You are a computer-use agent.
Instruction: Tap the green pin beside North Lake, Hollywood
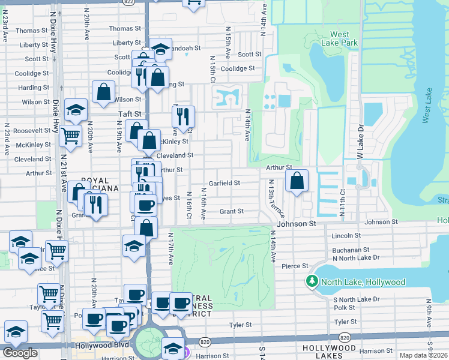pyautogui.click(x=312, y=281)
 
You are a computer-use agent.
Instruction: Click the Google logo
pyautogui.click(x=20, y=353)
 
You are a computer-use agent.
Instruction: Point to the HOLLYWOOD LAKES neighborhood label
pyautogui.click(x=330, y=348)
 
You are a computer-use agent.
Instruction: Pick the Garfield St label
pyautogui.click(x=224, y=183)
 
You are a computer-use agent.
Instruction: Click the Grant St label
pyautogui.click(x=231, y=211)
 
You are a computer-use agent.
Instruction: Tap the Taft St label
pyautogui.click(x=129, y=113)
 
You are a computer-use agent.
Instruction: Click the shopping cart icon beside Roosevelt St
pyautogui.click(x=70, y=136)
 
